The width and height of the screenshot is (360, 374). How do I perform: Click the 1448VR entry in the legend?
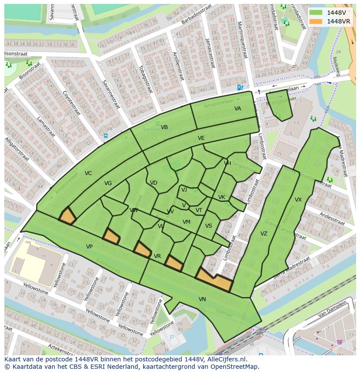(x=338, y=21)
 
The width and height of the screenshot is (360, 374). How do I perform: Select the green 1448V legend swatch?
(x=316, y=12)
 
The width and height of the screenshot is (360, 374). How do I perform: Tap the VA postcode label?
(x=237, y=109)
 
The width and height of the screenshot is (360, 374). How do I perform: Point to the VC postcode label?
(x=88, y=173)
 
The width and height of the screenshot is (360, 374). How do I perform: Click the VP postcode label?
(x=89, y=247)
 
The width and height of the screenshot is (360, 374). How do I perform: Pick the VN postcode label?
(x=202, y=299)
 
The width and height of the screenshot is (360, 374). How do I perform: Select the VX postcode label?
(x=298, y=200)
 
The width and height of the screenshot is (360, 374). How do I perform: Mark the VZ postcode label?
(x=263, y=234)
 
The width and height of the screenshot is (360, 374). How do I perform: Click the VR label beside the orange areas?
(x=157, y=256)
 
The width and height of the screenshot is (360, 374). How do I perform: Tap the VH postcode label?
(x=227, y=163)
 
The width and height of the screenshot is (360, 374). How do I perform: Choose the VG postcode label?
(x=108, y=183)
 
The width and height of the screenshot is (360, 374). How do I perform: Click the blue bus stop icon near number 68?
(x=106, y=136)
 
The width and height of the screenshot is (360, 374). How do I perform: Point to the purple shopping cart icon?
(x=339, y=342)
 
